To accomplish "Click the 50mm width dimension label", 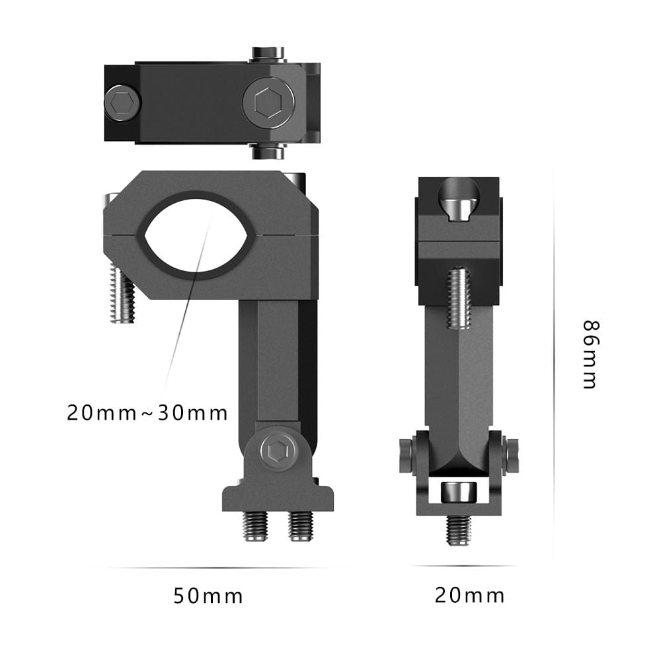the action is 208,596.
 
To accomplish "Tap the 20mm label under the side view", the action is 469,596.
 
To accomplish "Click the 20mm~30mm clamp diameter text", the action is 147,412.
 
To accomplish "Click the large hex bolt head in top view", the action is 268,102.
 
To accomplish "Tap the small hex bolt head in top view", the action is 122,103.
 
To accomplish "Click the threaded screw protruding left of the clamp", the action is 122,293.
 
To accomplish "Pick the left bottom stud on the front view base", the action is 255,526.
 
